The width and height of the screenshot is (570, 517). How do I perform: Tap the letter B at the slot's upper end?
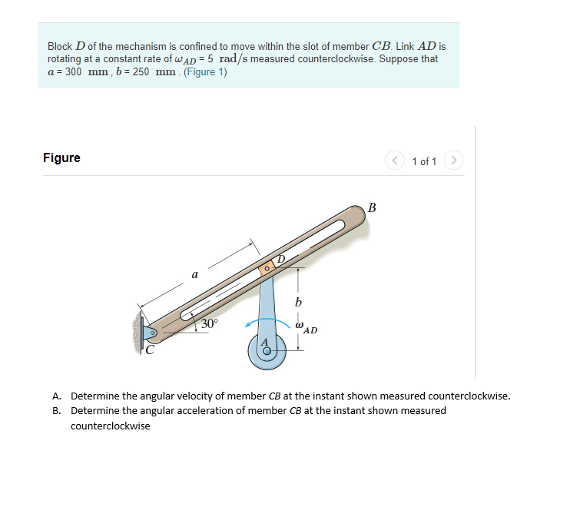point(373,207)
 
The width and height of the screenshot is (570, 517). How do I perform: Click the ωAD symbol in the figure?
point(305,328)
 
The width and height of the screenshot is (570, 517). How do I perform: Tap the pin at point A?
point(267,352)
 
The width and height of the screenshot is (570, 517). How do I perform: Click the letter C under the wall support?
point(151,352)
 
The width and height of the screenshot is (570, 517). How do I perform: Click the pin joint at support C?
point(152,333)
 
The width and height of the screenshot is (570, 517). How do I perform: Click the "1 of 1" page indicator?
point(424,161)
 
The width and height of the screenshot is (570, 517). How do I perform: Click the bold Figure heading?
point(61,158)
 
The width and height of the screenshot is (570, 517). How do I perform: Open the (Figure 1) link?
point(205,72)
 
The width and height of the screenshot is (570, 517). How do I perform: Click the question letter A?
point(57,396)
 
